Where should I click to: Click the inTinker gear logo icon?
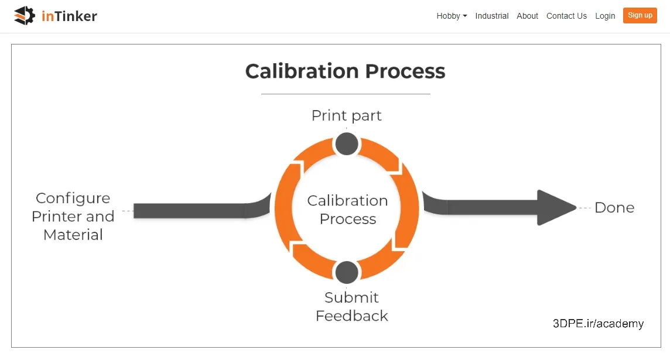click(25, 16)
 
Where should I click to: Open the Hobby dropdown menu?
click(452, 16)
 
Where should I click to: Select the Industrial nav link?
click(492, 16)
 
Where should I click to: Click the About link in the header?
click(527, 16)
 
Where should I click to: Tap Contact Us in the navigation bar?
click(566, 16)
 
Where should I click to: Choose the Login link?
click(605, 16)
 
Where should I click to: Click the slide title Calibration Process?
click(346, 71)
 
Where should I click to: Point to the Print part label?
click(347, 115)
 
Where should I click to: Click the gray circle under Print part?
click(347, 144)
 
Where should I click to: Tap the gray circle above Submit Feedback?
click(347, 272)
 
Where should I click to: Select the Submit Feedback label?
click(351, 306)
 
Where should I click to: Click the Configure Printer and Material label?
click(73, 216)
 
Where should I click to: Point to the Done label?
click(614, 208)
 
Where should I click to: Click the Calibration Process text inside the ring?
click(347, 209)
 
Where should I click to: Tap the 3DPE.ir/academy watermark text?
click(598, 323)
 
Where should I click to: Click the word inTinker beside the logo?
click(69, 16)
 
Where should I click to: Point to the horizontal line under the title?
click(346, 94)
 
